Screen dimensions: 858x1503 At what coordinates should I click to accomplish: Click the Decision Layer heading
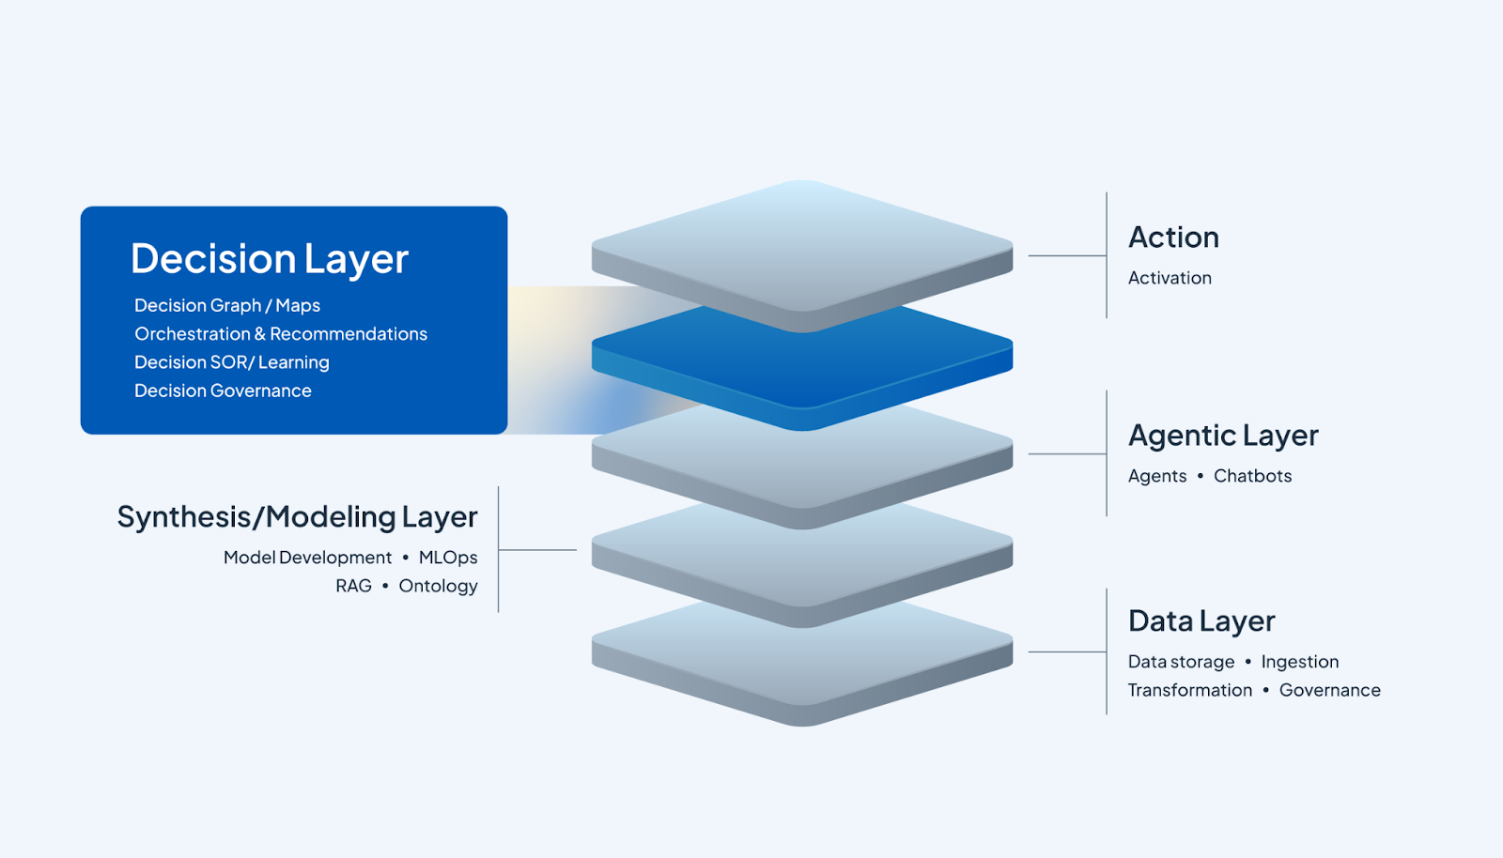(x=270, y=259)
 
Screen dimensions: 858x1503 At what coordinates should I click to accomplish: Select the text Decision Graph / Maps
(x=227, y=306)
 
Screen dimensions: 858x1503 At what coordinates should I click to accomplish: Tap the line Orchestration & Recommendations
(x=281, y=334)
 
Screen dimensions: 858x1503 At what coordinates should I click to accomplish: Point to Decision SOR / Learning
(x=232, y=362)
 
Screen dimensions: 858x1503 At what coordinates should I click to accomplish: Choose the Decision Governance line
(x=223, y=391)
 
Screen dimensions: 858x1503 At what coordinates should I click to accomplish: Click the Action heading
(x=1173, y=237)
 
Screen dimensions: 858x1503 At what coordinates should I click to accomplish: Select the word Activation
(x=1170, y=278)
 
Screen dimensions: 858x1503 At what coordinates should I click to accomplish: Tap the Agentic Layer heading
(x=1223, y=436)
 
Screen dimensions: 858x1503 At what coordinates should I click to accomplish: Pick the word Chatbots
(x=1252, y=476)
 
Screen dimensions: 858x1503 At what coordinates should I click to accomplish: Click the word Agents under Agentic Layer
(x=1157, y=476)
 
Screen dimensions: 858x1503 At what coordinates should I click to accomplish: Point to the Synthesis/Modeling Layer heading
(x=297, y=517)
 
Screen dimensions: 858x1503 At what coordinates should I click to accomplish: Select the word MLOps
(x=448, y=558)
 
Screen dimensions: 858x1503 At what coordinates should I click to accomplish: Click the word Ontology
(x=438, y=586)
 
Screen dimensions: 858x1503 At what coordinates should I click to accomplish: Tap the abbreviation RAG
(x=353, y=586)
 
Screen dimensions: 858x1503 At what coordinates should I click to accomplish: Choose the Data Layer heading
(x=1201, y=621)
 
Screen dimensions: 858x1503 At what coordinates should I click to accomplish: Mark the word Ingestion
(x=1300, y=662)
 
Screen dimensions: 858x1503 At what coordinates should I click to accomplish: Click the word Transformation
(x=1190, y=690)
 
